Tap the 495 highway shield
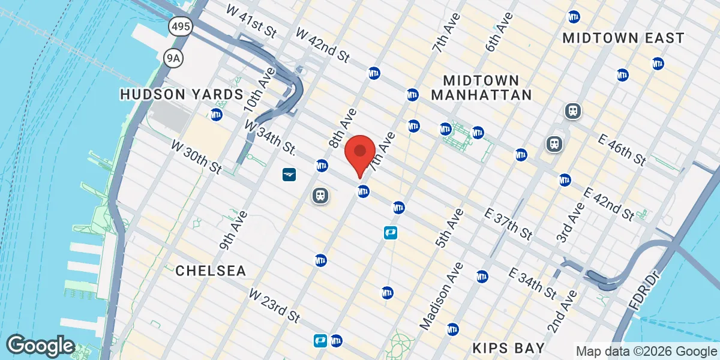180,26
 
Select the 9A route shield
172,56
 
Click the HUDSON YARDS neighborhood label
181,94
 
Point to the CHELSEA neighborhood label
211,271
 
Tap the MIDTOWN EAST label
623,38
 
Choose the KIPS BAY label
508,348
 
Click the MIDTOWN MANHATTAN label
481,88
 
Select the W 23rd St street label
274,305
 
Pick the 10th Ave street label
259,89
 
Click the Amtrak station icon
290,175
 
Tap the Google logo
40,346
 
